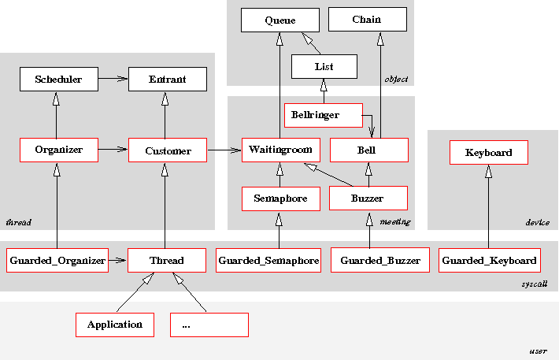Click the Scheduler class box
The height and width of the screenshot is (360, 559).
click(57, 79)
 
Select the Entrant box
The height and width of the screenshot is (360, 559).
click(167, 79)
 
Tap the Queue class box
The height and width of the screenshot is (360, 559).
click(279, 20)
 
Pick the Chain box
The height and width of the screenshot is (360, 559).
click(368, 20)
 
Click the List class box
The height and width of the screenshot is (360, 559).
click(324, 67)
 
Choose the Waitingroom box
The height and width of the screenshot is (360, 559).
click(280, 150)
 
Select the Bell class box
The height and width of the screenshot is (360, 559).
click(368, 150)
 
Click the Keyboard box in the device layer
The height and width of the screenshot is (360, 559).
click(488, 153)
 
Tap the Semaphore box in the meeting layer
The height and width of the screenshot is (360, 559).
click(280, 199)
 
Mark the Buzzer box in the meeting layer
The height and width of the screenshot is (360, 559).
click(368, 199)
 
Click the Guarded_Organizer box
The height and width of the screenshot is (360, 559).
click(57, 260)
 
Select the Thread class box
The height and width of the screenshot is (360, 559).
click(167, 260)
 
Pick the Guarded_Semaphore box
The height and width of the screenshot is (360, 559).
click(268, 260)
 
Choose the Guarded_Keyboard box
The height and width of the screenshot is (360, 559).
click(489, 260)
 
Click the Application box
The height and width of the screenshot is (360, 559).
click(115, 325)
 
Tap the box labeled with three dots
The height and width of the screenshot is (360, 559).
click(209, 325)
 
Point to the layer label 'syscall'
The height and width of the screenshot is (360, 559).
click(535, 284)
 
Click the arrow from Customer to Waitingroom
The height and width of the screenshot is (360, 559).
click(224, 149)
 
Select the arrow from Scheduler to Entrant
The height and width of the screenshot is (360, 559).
click(112, 79)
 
